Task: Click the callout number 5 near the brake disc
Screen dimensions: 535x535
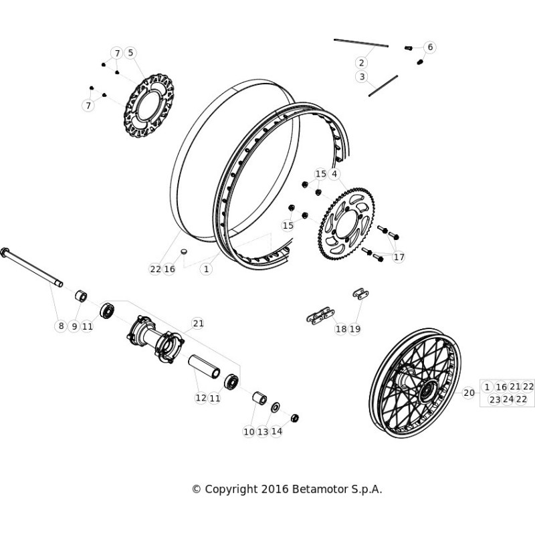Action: point(130,53)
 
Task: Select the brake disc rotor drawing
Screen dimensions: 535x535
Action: point(148,106)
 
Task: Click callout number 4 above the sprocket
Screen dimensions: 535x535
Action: point(334,174)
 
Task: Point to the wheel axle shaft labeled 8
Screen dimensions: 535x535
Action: point(31,267)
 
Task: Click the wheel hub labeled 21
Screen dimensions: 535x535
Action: point(156,340)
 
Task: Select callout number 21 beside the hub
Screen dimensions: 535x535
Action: point(198,323)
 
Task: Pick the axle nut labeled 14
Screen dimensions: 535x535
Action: point(294,417)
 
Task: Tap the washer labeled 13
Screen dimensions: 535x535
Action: point(275,407)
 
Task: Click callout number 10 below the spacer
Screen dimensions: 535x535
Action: point(249,431)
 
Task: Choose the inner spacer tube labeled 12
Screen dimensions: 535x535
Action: point(205,366)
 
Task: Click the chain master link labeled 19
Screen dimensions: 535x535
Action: point(360,294)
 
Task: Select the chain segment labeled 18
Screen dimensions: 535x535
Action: point(320,316)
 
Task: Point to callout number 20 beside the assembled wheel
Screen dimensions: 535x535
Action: point(469,393)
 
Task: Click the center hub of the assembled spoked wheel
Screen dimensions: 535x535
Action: point(426,393)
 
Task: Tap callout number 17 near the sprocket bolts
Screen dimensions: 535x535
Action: point(399,257)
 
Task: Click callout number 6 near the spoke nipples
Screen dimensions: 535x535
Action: point(430,47)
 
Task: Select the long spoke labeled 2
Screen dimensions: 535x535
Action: point(361,43)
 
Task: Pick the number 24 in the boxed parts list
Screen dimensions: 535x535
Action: point(508,399)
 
